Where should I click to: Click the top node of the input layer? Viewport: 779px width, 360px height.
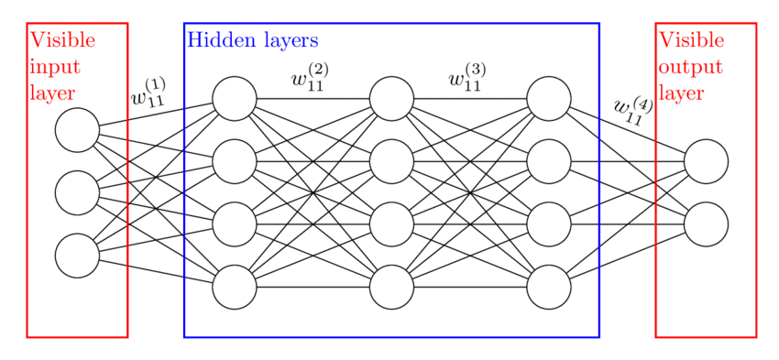77,130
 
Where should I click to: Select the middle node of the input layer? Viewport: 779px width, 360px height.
77,192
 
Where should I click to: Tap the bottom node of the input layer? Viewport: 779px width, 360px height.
77,256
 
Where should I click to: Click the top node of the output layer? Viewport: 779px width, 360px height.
706,161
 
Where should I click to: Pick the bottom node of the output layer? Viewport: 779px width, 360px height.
706,224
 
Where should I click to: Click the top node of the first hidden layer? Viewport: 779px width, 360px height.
235,99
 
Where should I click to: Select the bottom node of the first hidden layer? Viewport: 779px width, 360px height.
235,288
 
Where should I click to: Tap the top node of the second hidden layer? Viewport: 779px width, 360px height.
392,99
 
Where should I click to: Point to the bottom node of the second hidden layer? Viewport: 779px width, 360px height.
392,288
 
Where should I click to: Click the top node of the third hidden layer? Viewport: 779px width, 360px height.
550,99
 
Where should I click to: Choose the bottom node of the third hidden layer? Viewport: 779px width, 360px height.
550,288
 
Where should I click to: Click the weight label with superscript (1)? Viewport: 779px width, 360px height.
148,94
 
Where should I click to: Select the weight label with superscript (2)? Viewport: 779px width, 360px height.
310,78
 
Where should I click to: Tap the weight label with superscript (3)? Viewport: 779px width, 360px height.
466,78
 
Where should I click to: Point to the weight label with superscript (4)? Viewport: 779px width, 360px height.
632,109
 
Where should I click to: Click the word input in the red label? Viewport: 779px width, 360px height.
55,67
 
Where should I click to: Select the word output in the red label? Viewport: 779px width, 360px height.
690,68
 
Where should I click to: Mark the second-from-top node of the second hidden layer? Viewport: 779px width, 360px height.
392,161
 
